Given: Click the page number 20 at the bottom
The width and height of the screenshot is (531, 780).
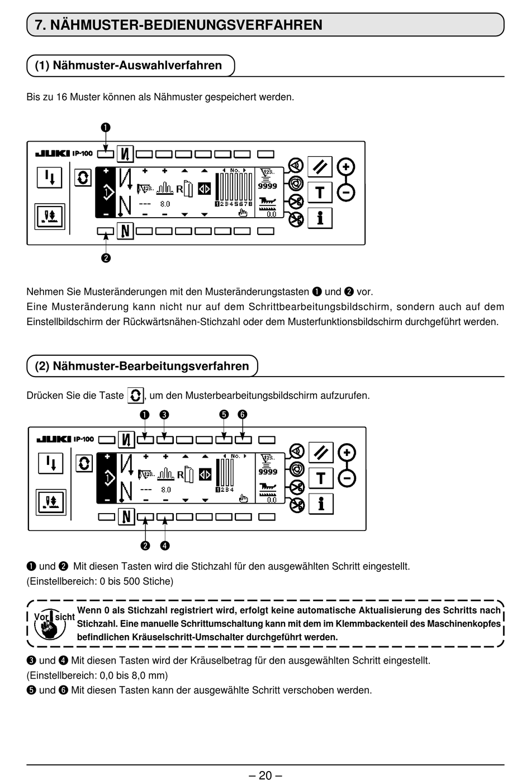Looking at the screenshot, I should click(265, 774).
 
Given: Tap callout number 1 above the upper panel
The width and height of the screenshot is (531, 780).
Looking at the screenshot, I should click(106, 128).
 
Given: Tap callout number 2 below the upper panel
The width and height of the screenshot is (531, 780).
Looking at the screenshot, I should click(106, 258).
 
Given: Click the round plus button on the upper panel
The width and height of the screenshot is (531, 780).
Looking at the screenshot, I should click(347, 167).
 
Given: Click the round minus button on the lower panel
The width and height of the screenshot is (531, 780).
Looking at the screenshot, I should click(347, 479).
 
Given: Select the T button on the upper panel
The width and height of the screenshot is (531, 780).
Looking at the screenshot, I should click(320, 192).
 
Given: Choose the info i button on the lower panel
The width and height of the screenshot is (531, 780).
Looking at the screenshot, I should click(321, 504).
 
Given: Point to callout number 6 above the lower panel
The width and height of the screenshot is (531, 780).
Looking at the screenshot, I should click(242, 415).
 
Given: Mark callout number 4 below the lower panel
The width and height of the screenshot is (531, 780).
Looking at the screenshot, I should click(165, 546).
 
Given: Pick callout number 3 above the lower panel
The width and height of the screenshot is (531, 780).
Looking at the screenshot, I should click(164, 415).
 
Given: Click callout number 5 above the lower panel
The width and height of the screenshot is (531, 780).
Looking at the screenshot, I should click(224, 415).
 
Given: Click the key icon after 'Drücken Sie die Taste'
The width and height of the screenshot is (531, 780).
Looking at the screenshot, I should click(135, 396).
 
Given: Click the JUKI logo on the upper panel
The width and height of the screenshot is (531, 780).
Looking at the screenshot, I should click(53, 153).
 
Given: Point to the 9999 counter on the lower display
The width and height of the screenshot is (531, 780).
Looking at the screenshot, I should click(268, 472).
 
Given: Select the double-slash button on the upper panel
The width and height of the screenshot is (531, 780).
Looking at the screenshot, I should click(320, 167).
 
